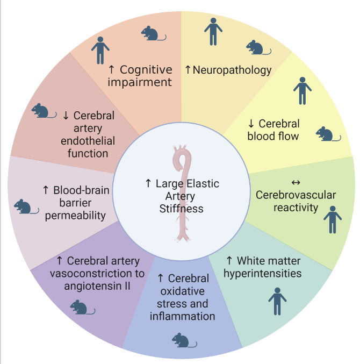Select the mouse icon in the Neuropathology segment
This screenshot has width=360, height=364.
coord(255,48)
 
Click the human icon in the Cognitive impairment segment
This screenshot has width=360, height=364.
coord(100,51)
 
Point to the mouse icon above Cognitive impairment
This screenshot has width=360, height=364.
coord(150,33)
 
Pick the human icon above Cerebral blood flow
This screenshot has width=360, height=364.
coord(303,91)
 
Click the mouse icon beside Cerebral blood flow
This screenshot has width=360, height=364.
coord(327,134)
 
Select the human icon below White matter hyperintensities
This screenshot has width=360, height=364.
coord(277,301)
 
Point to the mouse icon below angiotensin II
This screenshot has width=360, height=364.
coord(80,308)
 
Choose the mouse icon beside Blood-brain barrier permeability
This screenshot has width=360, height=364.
coord(24,206)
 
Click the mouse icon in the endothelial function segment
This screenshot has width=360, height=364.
coord(41,111)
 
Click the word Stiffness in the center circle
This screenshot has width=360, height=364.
coord(182,208)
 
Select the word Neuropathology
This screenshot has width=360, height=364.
coord(232,69)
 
